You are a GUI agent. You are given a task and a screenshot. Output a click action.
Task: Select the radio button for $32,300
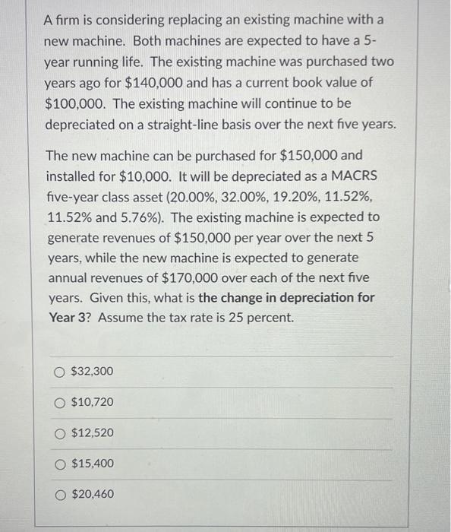click(60, 372)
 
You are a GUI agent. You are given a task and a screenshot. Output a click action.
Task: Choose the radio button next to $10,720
click(60, 402)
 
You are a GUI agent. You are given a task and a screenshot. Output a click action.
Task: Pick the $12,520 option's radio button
click(60, 433)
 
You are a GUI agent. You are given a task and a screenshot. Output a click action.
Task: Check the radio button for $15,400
click(60, 464)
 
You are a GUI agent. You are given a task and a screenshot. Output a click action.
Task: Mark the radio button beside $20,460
click(60, 495)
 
